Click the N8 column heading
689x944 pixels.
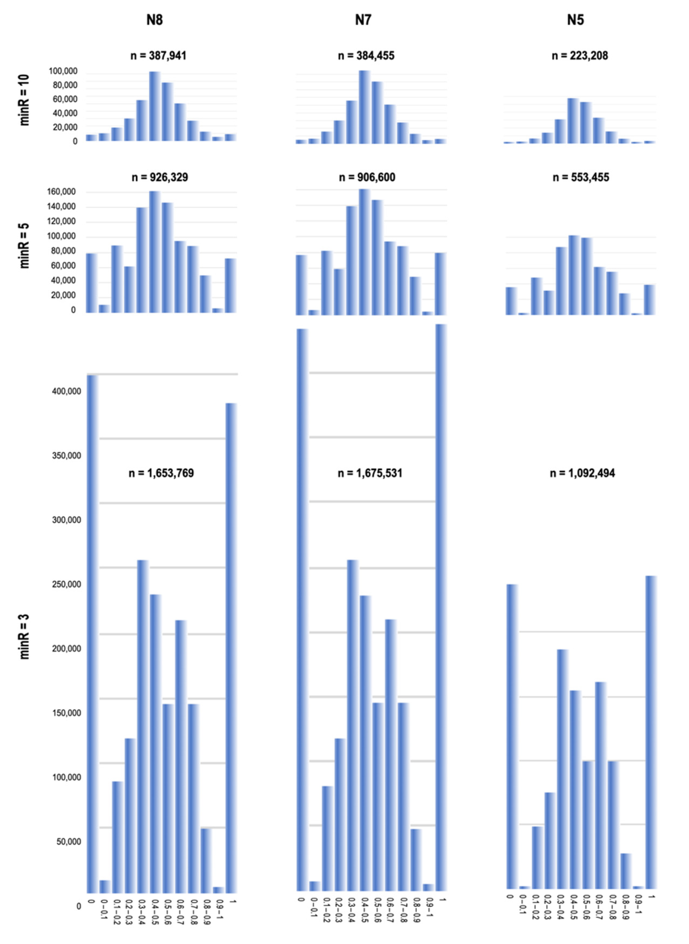pos(154,20)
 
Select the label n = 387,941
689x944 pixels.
pos(158,55)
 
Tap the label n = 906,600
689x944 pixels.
pos(367,177)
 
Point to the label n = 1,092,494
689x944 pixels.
pos(582,473)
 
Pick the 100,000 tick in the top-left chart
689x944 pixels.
pos(63,71)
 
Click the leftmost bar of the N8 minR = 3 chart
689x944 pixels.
pos(92,634)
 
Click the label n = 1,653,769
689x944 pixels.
pos(161,473)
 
